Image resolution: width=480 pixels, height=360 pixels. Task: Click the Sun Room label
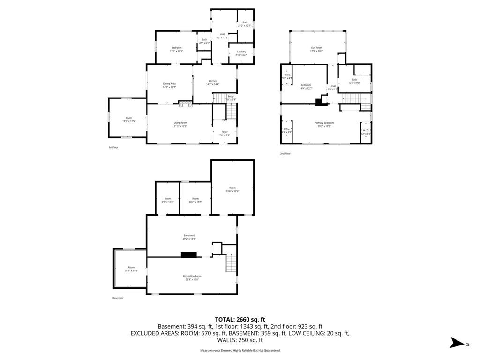317,49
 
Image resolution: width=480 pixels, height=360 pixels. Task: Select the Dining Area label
169,85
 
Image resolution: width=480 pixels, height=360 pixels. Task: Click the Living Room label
180,124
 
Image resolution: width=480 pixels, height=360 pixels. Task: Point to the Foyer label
225,134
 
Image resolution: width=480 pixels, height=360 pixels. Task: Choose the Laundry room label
241,53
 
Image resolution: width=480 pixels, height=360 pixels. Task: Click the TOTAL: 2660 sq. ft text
240,319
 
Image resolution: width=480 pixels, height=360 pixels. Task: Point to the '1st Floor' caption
113,147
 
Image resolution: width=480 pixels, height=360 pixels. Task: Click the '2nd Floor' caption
285,153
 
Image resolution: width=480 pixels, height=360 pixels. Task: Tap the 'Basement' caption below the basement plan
118,298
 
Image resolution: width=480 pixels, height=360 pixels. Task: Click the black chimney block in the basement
189,255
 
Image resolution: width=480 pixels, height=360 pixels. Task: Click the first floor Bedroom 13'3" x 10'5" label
176,49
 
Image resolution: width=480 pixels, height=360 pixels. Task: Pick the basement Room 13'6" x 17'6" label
232,189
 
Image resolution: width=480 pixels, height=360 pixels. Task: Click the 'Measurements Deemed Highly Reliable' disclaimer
240,350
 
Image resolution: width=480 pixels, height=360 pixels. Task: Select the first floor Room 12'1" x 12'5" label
129,120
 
